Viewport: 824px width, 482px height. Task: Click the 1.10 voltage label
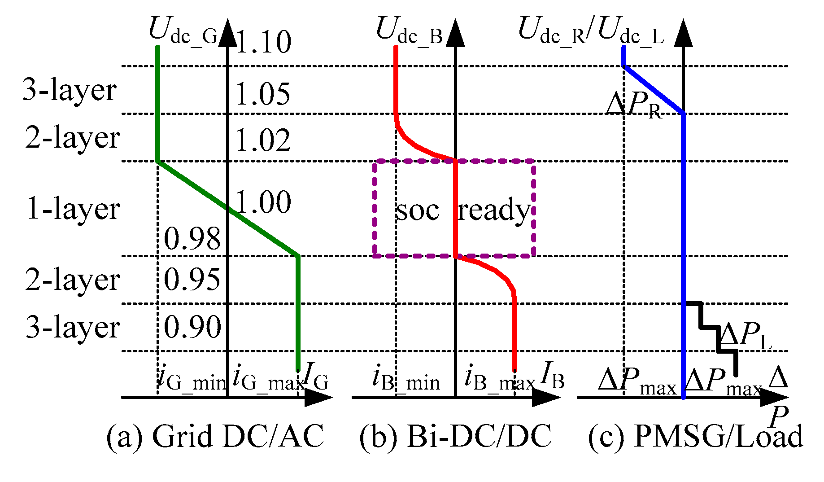(x=263, y=42)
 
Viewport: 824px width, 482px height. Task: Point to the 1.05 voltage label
(x=263, y=94)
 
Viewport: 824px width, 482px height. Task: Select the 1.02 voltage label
(x=263, y=140)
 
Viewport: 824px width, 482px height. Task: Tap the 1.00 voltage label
(x=263, y=202)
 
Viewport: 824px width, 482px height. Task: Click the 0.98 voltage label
(x=192, y=238)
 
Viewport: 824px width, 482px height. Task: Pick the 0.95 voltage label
(x=192, y=279)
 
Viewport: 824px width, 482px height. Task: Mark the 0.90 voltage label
(x=192, y=327)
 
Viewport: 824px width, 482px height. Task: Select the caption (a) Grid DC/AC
(x=215, y=436)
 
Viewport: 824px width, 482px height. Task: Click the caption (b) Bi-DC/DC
(x=455, y=436)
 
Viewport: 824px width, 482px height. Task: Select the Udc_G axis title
(x=183, y=31)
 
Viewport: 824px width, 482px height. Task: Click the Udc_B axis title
(x=409, y=31)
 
